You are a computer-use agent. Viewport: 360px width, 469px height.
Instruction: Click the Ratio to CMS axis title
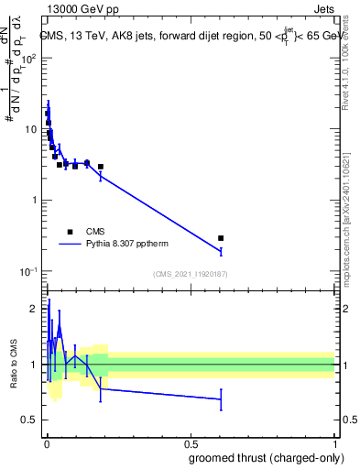(x=13, y=364)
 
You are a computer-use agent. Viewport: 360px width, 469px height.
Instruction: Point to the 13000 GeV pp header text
(x=80, y=12)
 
